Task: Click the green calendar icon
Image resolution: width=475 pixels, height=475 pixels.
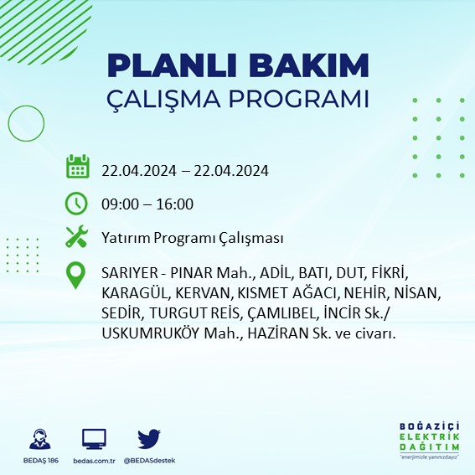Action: click(77, 167)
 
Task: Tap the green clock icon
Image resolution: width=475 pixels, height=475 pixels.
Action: click(77, 203)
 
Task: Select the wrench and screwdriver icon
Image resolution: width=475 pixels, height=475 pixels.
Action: click(77, 238)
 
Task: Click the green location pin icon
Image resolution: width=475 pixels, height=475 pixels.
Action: click(77, 276)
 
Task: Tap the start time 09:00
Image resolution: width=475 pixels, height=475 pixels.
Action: click(118, 204)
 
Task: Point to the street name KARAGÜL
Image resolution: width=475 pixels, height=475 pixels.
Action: click(135, 294)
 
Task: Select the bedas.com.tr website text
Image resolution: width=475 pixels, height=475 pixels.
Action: click(94, 461)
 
